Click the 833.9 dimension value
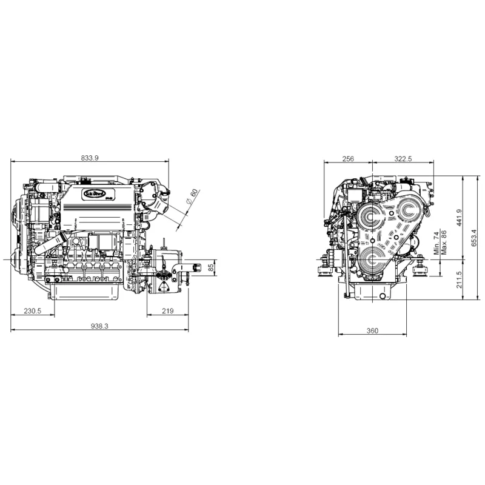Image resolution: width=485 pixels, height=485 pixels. tap(90, 158)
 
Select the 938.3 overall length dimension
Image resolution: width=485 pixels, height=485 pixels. tap(99, 326)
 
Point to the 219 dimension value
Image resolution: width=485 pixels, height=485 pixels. tap(168, 310)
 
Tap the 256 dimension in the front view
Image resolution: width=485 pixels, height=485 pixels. tap(347, 158)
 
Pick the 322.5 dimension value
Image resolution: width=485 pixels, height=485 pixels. tap(403, 158)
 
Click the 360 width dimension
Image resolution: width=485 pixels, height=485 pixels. tap(372, 330)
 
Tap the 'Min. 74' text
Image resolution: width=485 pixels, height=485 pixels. tap(436, 242)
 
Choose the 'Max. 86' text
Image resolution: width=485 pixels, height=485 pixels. tap(444, 242)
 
